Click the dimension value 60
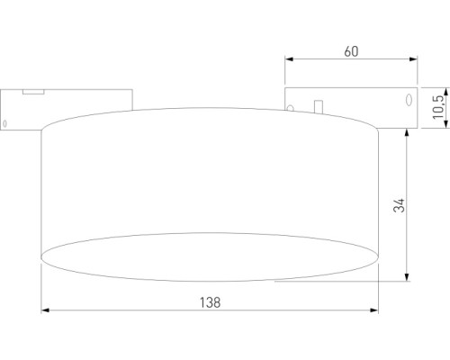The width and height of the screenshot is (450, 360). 351,50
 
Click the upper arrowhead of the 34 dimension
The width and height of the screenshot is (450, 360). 410,130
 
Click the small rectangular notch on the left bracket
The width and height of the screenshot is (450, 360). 33,90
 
